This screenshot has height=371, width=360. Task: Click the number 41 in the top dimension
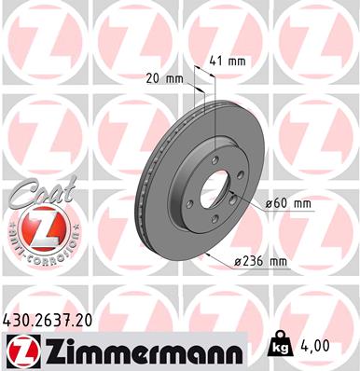(x=215, y=61)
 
